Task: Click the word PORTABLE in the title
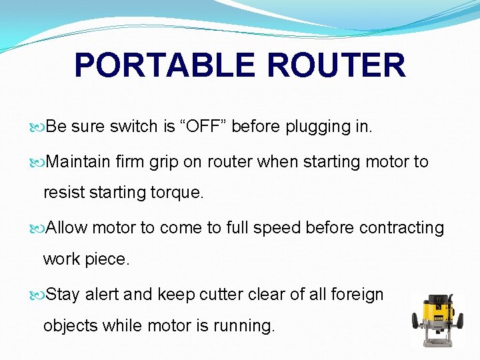coord(164,65)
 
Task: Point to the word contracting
coord(401,227)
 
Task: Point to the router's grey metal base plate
coord(437,341)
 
